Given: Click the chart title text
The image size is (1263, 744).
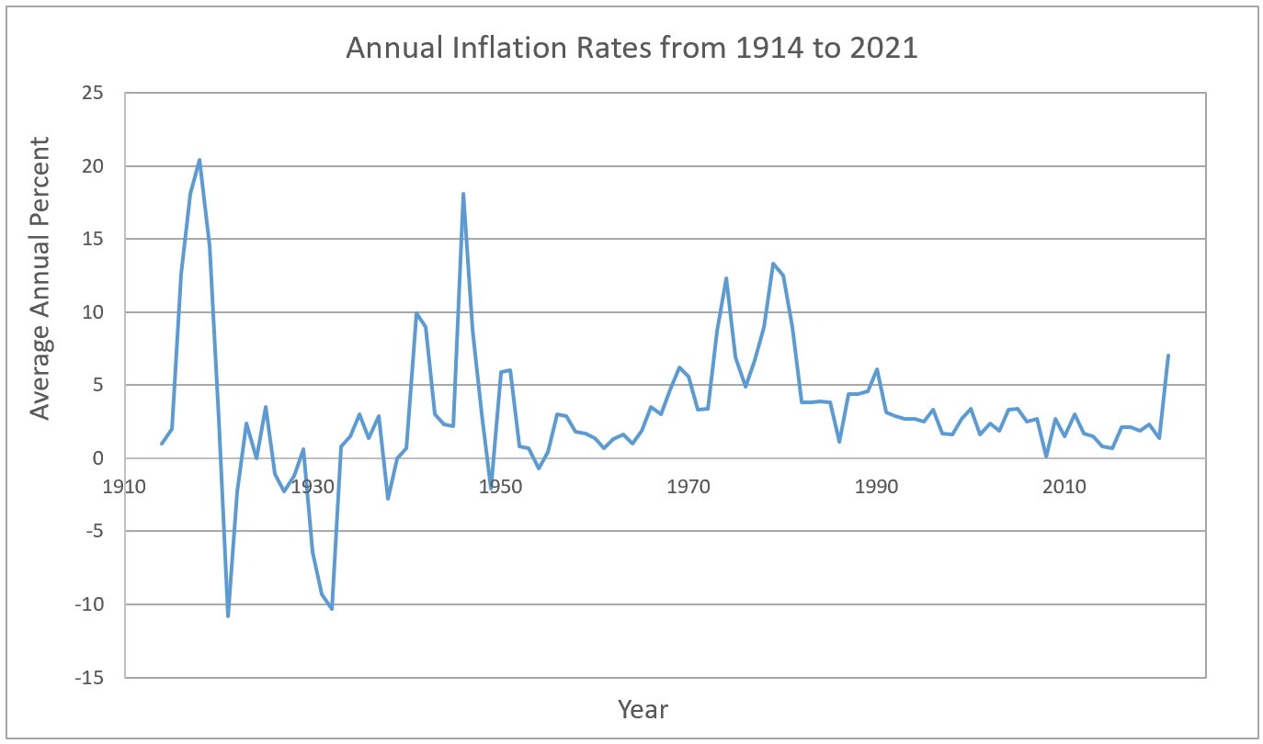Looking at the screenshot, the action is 631,48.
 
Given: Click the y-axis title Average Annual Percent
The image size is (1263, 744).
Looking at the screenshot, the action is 40,278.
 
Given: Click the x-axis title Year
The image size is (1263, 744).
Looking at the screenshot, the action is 643,709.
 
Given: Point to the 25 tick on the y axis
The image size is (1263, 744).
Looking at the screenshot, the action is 93,93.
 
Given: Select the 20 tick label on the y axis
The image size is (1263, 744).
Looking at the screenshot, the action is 93,166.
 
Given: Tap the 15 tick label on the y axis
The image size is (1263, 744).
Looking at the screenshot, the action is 93,239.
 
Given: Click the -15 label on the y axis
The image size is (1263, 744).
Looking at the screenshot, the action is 90,678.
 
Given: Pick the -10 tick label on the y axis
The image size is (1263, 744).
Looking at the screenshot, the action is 90,604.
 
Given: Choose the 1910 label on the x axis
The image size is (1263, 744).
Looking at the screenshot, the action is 124,487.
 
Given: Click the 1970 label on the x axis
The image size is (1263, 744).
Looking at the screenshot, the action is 688,487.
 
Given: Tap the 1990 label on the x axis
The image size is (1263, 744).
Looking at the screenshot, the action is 876,487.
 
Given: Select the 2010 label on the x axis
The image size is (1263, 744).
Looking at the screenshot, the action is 1064,487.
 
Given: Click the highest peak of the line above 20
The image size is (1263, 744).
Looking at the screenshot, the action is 199,160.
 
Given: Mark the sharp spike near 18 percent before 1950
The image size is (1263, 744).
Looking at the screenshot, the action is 463,194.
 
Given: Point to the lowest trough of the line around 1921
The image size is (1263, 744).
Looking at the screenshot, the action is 228,616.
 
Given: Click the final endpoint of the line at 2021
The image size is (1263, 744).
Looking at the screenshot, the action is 1168,355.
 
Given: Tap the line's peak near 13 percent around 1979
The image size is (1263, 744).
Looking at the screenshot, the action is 773,264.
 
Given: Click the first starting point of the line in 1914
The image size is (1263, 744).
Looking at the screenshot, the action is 162,444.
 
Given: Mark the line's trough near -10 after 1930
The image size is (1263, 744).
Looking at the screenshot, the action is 332,609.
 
